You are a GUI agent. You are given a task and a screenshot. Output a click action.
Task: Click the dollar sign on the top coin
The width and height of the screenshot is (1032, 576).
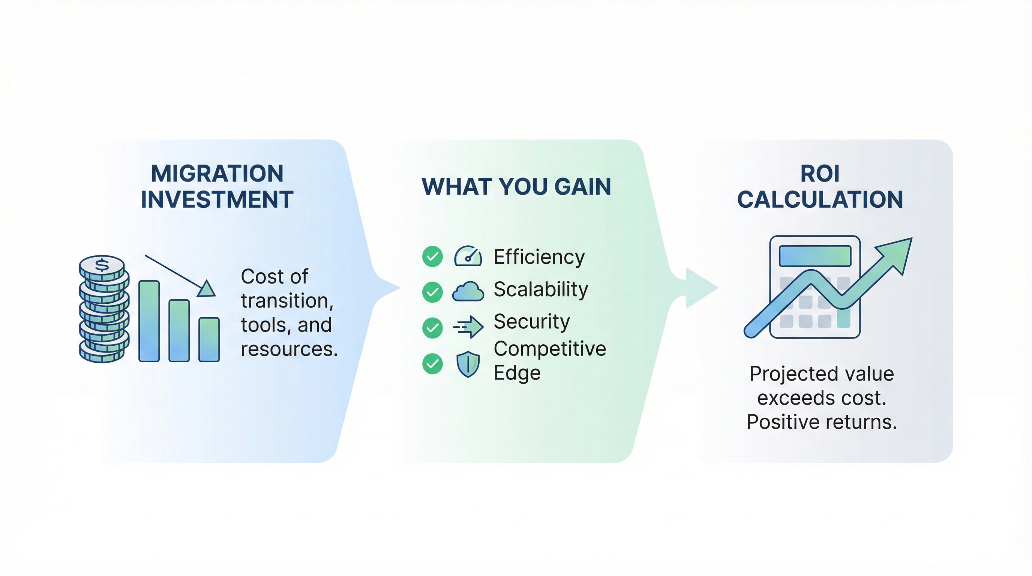(102, 265)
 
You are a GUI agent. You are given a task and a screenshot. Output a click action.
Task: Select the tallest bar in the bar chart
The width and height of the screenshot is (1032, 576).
(149, 321)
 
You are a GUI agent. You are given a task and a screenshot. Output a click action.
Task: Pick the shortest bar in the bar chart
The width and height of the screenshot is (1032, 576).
(209, 340)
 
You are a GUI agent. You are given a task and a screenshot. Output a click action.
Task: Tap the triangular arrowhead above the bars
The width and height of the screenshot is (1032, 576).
(206, 289)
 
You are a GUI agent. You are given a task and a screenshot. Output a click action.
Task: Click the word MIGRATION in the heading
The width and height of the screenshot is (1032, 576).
(217, 174)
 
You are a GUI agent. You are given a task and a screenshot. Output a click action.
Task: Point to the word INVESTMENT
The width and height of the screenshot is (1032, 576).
(217, 199)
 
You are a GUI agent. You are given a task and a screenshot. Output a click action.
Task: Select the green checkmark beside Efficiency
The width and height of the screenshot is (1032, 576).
(432, 256)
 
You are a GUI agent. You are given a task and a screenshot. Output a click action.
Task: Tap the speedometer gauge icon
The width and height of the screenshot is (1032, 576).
(468, 256)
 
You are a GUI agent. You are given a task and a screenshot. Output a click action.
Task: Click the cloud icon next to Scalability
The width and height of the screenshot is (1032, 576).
(468, 291)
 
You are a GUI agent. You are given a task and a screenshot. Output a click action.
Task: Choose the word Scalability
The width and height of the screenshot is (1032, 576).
(541, 289)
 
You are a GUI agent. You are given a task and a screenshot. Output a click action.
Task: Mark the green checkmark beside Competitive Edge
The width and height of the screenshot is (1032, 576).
(432, 364)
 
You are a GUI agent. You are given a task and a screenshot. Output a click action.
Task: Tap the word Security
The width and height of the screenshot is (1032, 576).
(532, 322)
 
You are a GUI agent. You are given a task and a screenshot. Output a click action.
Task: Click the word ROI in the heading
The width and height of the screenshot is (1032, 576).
(820, 174)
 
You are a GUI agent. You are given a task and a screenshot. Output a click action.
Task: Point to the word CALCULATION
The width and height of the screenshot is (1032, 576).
(820, 199)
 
